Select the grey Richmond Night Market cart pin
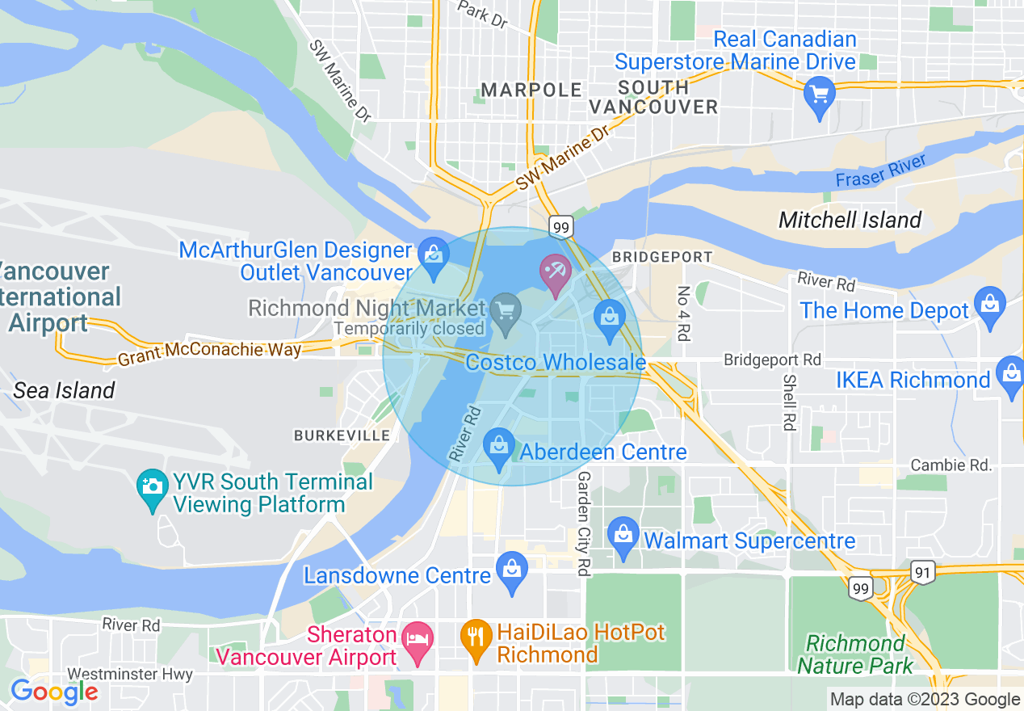pos(506,311)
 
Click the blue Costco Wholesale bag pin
pos(610,317)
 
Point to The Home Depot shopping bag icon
pos(989,305)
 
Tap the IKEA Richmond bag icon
pos(1011,375)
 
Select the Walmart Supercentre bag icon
pos(623,536)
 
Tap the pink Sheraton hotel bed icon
pos(418,640)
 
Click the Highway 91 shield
pos(924,572)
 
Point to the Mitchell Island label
pos(850,220)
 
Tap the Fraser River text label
pos(880,172)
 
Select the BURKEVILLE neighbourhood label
pos(342,435)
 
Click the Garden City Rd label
pos(582,524)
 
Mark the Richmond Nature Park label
pos(855,654)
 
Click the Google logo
pos(54,692)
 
